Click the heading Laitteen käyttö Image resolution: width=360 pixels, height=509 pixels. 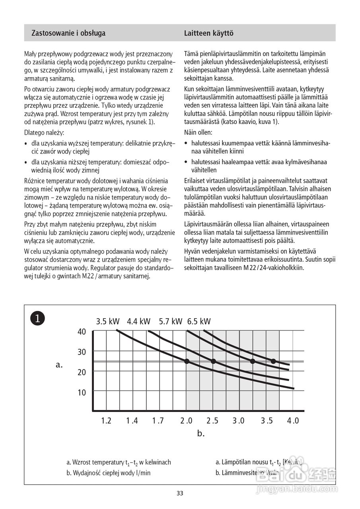[x=208, y=33]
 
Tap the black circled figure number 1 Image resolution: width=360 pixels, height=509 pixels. [x=37, y=318]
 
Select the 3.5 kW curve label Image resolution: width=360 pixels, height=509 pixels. [x=107, y=321]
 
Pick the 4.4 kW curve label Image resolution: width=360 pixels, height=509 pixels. [x=139, y=321]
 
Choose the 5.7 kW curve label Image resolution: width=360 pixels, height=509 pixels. [x=170, y=321]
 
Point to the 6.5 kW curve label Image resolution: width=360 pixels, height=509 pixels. [x=199, y=321]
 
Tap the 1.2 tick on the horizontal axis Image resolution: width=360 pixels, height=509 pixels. [x=106, y=421]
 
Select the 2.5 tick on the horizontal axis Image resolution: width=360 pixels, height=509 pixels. [x=213, y=421]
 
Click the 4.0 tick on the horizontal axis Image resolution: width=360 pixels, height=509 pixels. [x=293, y=421]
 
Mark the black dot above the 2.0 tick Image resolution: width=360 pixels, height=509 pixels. [x=187, y=361]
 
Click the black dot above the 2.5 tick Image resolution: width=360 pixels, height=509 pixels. [x=213, y=361]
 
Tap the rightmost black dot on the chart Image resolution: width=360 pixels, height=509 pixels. [x=273, y=361]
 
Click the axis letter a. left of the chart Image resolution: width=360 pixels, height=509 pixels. [x=60, y=364]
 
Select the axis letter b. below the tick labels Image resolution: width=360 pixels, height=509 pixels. [x=200, y=433]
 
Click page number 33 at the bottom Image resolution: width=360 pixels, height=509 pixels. [x=180, y=493]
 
